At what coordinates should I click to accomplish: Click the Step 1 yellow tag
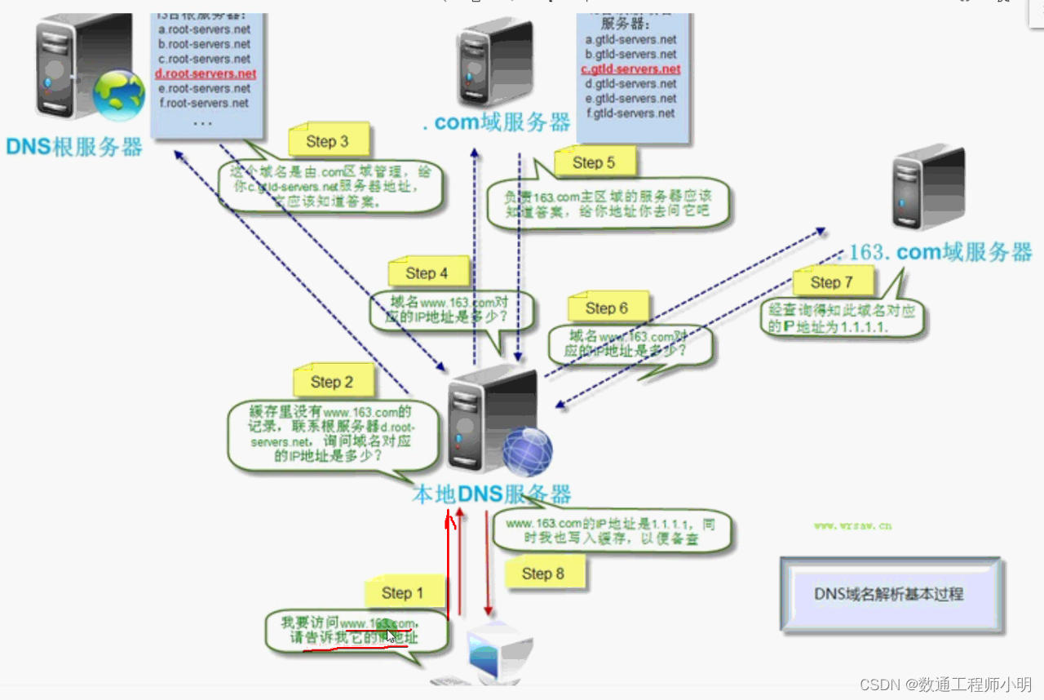tap(403, 593)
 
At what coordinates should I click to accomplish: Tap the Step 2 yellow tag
tap(332, 382)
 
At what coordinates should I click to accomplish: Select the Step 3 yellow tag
tap(327, 141)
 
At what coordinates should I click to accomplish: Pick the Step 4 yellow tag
tap(427, 273)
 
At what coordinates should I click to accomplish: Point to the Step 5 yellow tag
tap(593, 162)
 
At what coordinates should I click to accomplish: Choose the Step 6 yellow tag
tap(606, 308)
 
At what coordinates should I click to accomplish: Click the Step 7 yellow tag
tap(831, 282)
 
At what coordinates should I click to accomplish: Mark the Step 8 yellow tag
tap(542, 574)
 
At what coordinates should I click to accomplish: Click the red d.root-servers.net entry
tap(206, 73)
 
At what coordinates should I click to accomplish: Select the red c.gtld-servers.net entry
tap(630, 69)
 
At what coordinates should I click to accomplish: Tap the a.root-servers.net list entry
tap(205, 29)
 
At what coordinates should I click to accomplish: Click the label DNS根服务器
tap(74, 147)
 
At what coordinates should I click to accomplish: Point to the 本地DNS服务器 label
tap(491, 494)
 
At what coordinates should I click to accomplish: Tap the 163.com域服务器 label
tap(940, 252)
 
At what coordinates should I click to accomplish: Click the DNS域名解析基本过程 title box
tap(889, 594)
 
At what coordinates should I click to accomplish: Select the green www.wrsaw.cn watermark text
tap(852, 526)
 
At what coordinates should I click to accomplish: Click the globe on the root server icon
tap(118, 95)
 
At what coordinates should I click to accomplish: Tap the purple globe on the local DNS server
tap(527, 451)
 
